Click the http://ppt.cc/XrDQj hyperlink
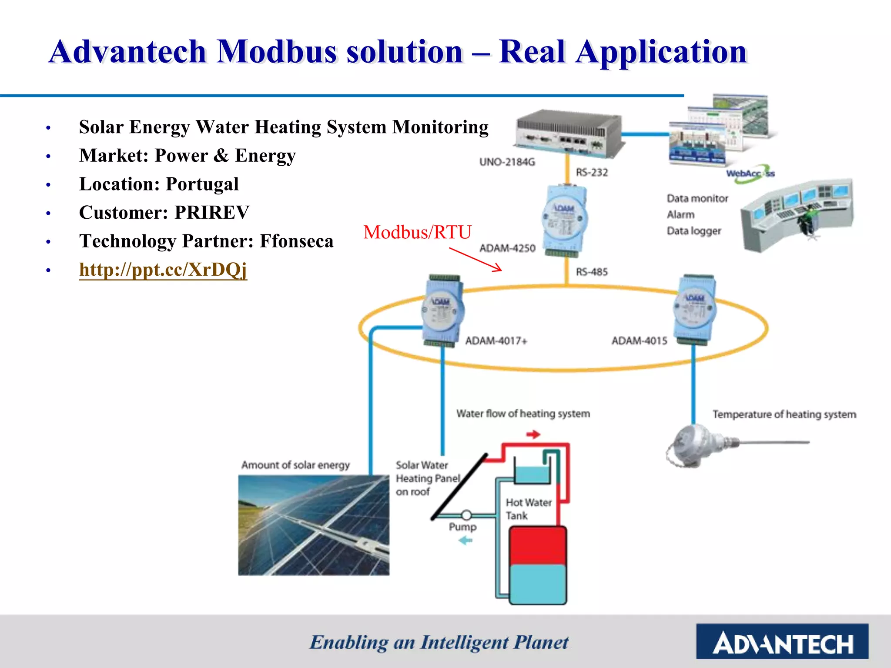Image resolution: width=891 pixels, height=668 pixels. click(x=163, y=270)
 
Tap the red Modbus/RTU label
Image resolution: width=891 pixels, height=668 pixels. click(x=417, y=232)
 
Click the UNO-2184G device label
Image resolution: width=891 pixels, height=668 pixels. click(x=507, y=162)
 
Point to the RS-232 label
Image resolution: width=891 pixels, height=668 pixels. click(x=592, y=173)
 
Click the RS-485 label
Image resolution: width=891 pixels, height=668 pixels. click(x=592, y=272)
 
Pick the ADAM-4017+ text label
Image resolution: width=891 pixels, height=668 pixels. click(x=496, y=341)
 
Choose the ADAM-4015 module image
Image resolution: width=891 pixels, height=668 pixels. click(x=694, y=310)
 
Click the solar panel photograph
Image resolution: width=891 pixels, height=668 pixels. click(x=313, y=525)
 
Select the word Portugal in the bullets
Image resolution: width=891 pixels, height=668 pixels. click(x=202, y=184)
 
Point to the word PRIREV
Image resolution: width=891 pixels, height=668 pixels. click(x=212, y=213)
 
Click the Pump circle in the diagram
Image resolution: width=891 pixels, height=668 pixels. click(x=466, y=515)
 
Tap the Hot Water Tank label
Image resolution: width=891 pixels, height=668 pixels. click(x=528, y=509)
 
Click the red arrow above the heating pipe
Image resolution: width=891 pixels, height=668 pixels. click(x=533, y=434)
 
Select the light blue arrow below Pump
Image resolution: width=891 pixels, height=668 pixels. click(x=466, y=541)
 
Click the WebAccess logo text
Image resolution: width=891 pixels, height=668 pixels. click(x=750, y=174)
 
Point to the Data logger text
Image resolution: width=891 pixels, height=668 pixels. click(x=693, y=231)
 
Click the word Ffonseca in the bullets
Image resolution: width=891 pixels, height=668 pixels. click(x=296, y=241)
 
